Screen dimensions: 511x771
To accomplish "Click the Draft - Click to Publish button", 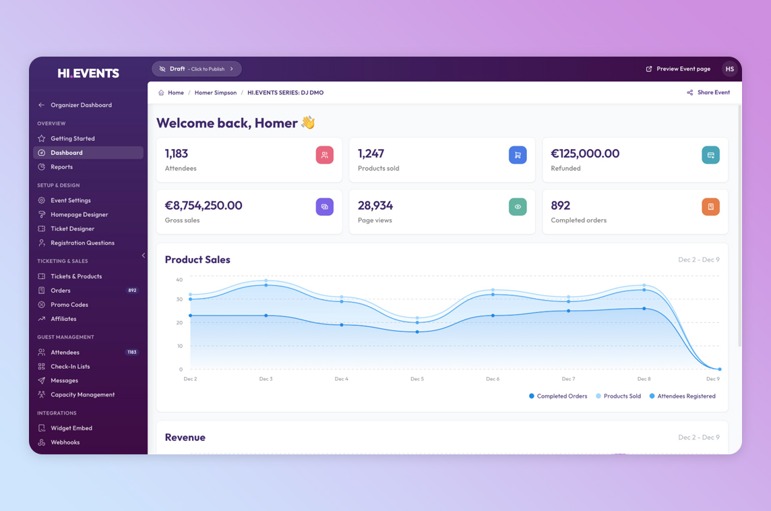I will [x=197, y=69].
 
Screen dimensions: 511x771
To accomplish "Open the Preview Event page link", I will [x=678, y=69].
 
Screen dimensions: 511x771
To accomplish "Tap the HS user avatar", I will [x=729, y=69].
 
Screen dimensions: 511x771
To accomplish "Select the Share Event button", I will [x=708, y=92].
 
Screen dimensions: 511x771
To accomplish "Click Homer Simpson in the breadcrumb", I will [x=216, y=92].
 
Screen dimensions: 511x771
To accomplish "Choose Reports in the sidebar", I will [x=61, y=167].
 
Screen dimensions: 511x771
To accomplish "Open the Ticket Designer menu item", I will [x=72, y=229].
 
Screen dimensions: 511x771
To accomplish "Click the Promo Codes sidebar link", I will [x=69, y=305].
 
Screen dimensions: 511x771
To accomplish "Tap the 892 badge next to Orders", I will [x=132, y=291].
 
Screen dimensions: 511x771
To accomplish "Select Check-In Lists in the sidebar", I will [x=70, y=367].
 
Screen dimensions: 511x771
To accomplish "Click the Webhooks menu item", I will [x=65, y=442].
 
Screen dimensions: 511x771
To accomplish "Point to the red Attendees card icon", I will [x=324, y=155].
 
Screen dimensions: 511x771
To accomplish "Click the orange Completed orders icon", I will [x=710, y=207].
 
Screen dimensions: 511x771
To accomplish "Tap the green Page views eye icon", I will [x=518, y=207].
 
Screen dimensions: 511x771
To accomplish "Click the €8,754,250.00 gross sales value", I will [x=204, y=206].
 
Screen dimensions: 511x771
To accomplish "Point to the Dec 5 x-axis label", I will [x=417, y=379].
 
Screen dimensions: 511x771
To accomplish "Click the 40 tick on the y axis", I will [x=179, y=280].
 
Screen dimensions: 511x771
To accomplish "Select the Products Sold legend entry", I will [x=618, y=396].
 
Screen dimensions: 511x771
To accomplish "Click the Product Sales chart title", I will [x=197, y=260].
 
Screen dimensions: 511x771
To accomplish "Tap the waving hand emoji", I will [x=308, y=123].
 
